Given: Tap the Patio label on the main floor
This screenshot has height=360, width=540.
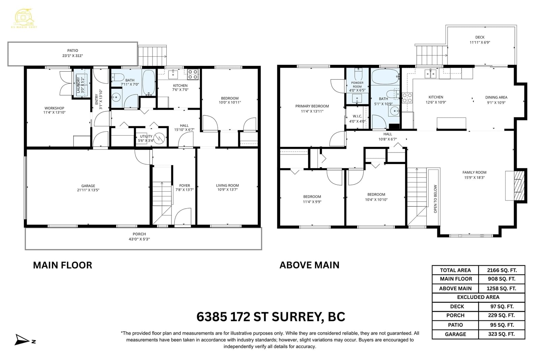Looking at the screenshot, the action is [x=73, y=51].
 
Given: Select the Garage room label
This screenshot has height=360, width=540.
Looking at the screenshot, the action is [x=88, y=186].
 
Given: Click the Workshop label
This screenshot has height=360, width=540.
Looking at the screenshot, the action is [x=54, y=108].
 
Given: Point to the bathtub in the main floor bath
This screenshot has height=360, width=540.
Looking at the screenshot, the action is [x=148, y=82].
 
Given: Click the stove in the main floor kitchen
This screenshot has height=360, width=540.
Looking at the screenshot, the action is [x=193, y=74].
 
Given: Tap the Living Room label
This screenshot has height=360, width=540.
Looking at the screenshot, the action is [x=227, y=185].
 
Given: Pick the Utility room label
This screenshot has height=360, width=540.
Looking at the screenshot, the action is [x=146, y=136].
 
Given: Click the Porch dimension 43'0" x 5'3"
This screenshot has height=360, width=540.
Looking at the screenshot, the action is [x=139, y=239].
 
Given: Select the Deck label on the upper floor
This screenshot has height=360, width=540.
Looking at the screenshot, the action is [x=480, y=37].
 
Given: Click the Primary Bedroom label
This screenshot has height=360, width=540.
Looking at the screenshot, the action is [x=312, y=106].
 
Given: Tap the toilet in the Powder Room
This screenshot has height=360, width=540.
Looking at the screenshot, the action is [x=358, y=74].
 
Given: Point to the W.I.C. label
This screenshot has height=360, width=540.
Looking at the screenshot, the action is [x=357, y=116].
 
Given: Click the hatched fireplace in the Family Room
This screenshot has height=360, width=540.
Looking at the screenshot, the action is [x=519, y=186].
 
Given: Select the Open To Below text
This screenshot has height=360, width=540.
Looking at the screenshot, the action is [x=435, y=199].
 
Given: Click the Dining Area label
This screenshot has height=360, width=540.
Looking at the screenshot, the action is [x=496, y=98].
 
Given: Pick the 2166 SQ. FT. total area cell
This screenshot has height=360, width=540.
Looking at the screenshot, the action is [x=502, y=270].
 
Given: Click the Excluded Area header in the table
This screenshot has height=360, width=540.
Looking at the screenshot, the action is [x=478, y=297].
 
